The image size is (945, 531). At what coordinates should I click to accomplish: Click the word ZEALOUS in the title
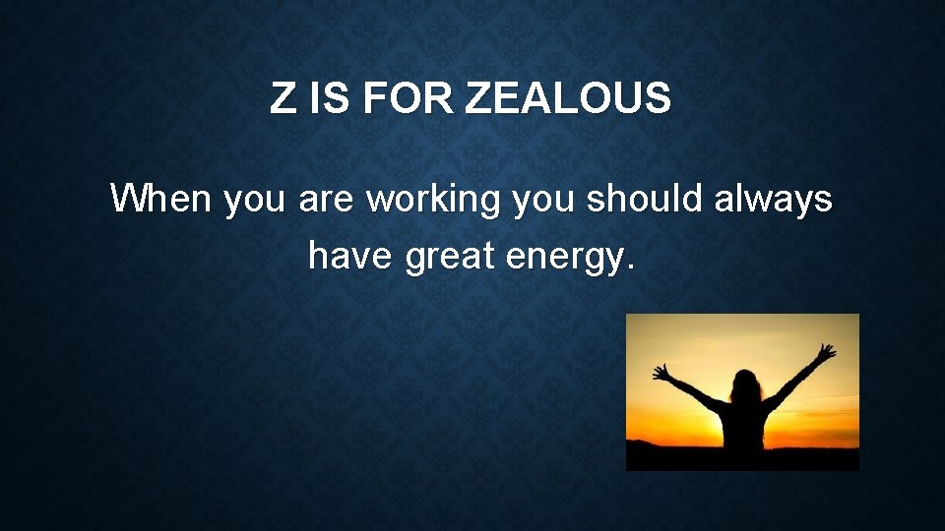(568, 99)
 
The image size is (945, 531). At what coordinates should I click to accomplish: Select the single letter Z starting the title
(283, 99)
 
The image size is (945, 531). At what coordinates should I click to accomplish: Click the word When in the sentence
(162, 200)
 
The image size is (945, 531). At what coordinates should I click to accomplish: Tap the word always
(774, 200)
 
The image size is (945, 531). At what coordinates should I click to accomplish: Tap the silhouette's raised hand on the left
(662, 373)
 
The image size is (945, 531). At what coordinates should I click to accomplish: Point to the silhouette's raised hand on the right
(827, 352)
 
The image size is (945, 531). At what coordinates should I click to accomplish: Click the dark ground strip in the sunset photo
(679, 457)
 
